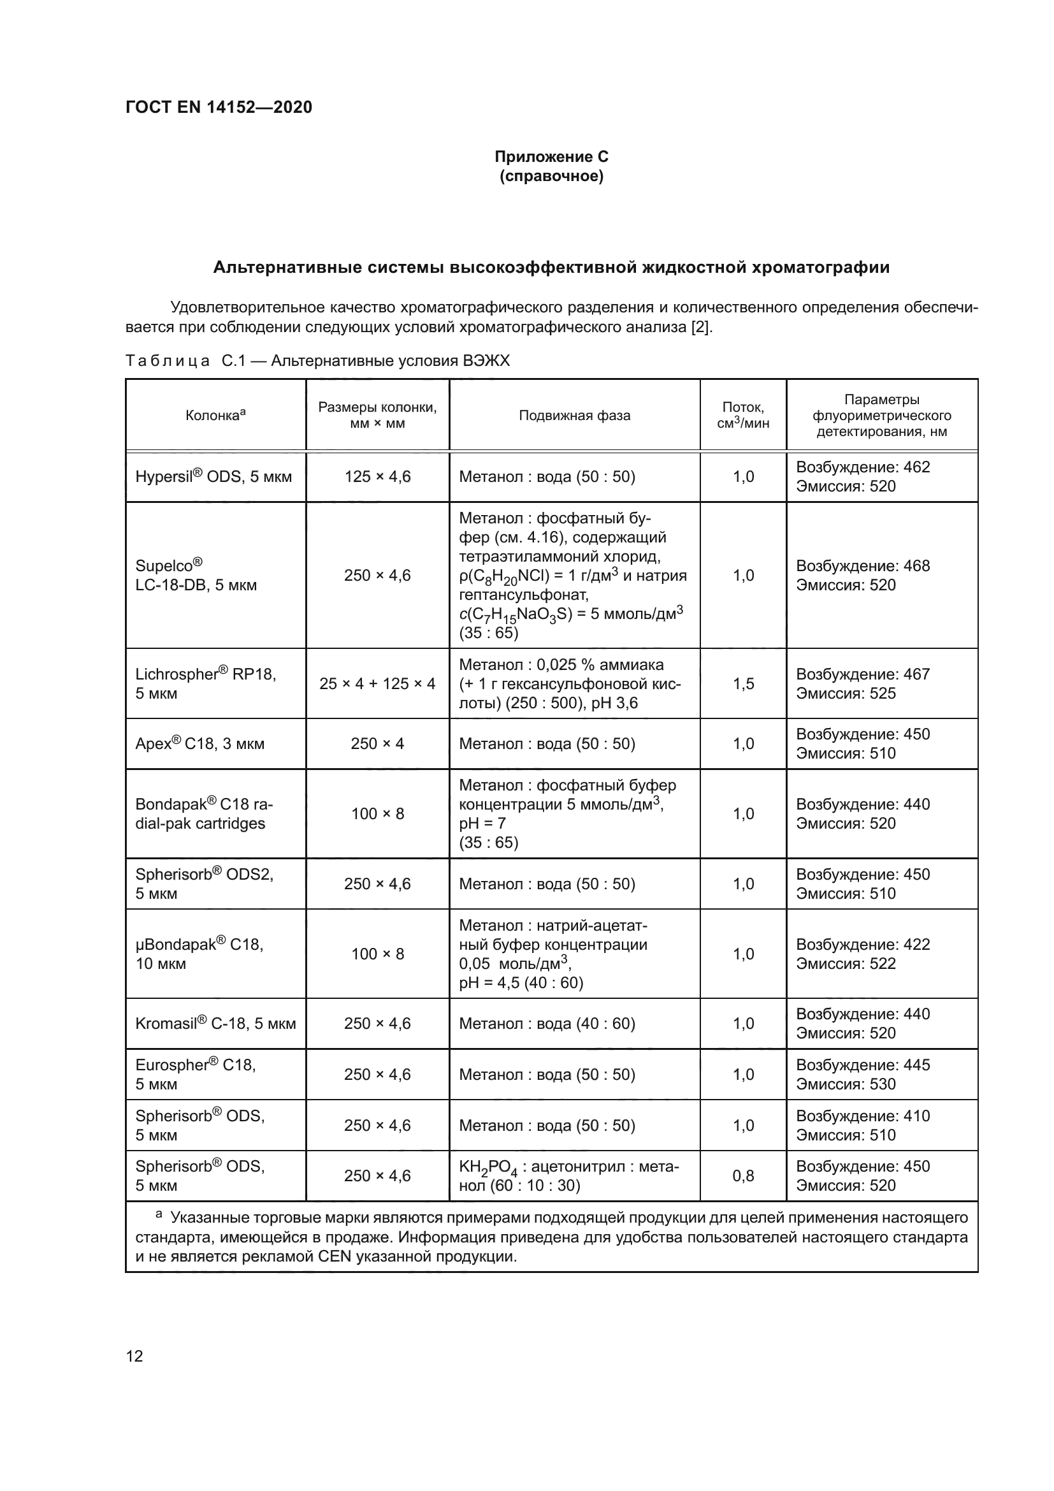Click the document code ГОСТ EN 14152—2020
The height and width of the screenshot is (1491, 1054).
[219, 107]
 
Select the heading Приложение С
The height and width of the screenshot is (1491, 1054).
[551, 157]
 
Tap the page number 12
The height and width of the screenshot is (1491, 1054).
[134, 1356]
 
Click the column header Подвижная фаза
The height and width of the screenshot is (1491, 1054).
[574, 416]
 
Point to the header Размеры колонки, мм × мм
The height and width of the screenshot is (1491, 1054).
[377, 416]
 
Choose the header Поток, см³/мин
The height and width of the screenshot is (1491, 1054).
[743, 416]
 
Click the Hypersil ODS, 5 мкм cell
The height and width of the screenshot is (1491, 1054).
[213, 477]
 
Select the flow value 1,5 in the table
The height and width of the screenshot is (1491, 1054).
[743, 684]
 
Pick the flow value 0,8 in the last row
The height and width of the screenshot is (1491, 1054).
[743, 1176]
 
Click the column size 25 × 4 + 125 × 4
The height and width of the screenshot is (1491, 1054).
[377, 684]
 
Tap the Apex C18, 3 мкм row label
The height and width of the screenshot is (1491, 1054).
[200, 743]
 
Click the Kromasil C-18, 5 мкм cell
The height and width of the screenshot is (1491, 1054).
[215, 1024]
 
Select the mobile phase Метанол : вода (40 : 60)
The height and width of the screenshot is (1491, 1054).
[547, 1024]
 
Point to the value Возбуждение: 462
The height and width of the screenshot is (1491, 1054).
[863, 467]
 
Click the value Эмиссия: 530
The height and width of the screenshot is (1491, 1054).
[846, 1084]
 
